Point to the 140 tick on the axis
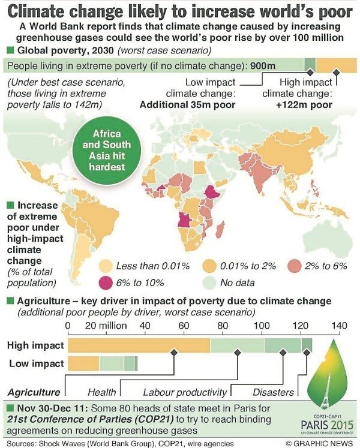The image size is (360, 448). point(339,326)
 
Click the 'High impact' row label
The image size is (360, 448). point(35,345)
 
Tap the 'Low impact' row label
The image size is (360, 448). point(35,363)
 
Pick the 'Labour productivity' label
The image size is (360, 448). point(185,392)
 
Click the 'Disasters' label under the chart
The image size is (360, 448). point(268,392)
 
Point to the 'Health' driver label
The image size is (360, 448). point(102,392)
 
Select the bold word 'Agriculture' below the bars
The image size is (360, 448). point(34,392)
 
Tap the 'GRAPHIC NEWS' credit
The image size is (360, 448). point(321,443)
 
